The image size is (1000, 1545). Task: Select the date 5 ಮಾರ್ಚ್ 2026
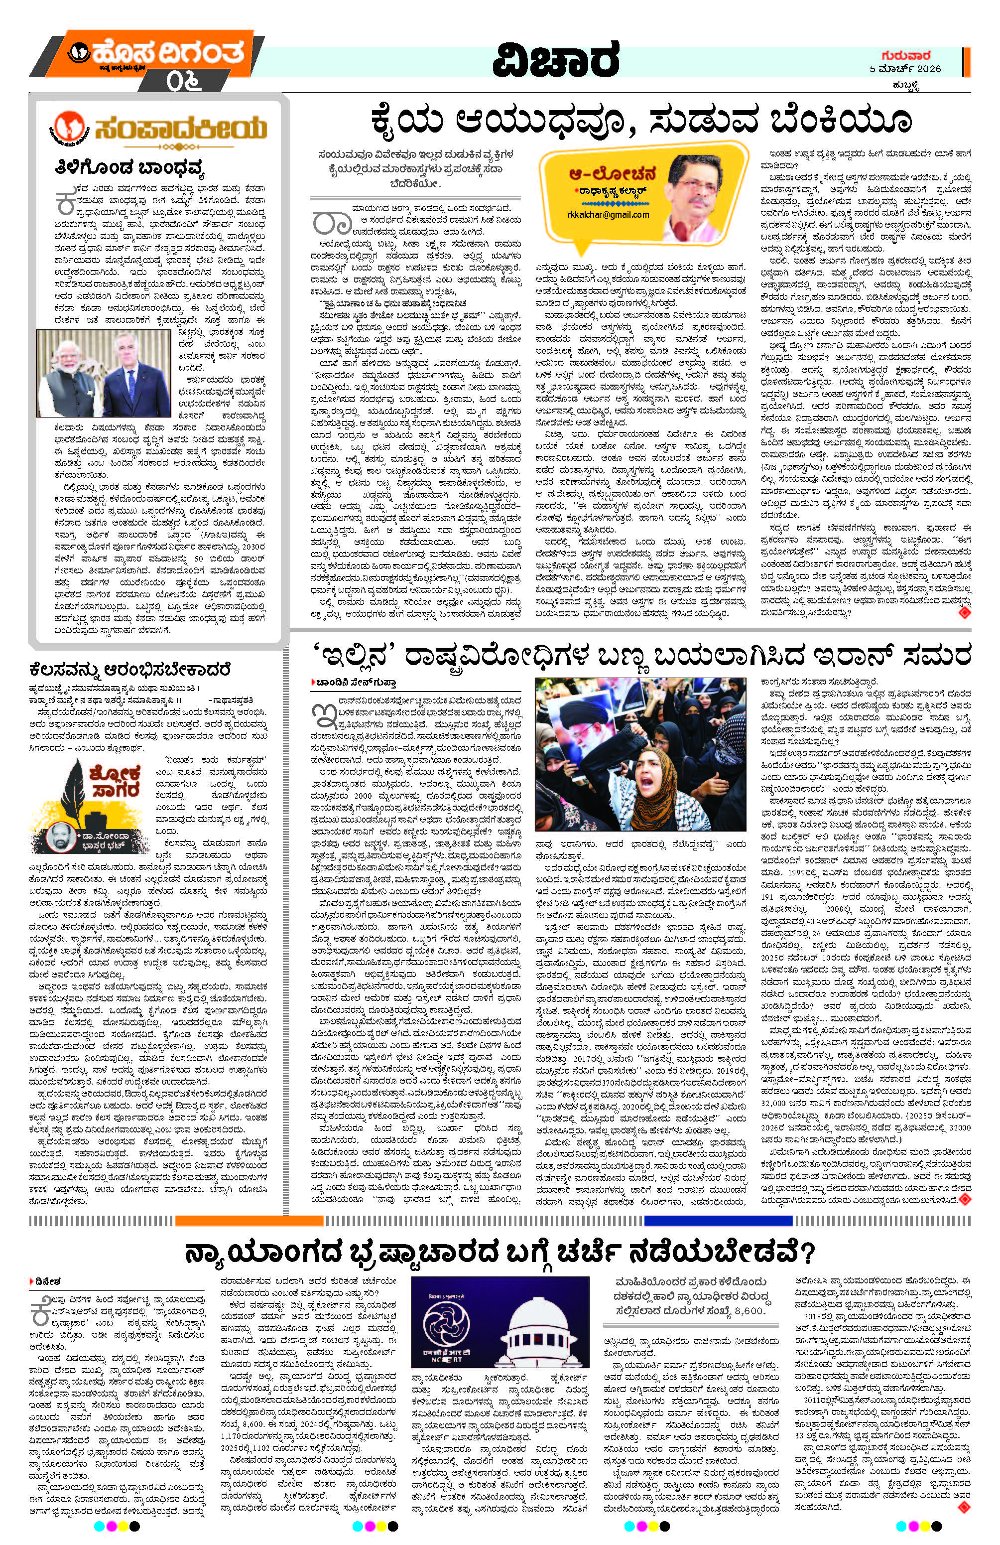tap(905, 69)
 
